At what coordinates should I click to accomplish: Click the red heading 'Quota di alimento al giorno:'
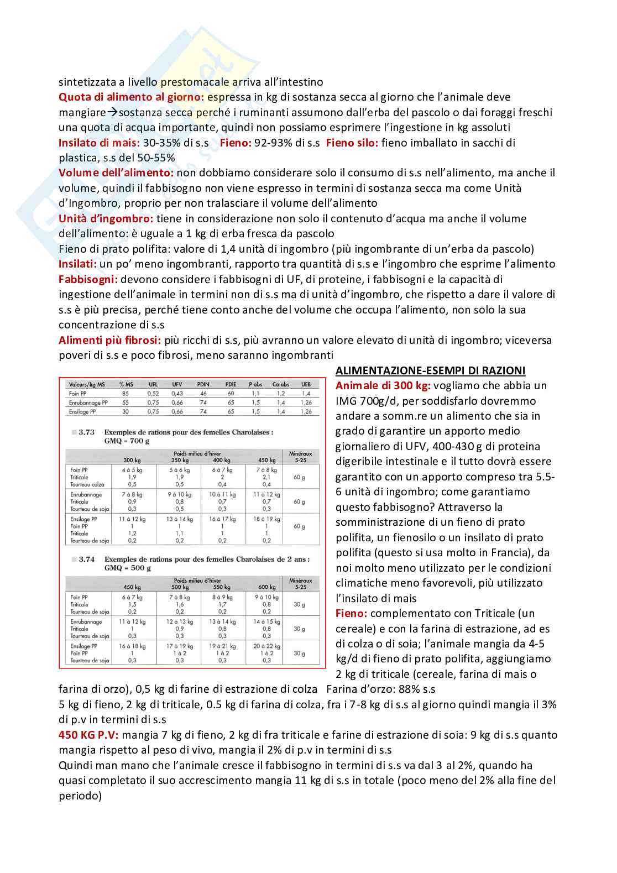point(131,97)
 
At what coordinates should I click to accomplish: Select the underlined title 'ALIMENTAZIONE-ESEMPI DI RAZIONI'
point(430,370)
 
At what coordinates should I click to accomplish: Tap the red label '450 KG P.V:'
point(88,735)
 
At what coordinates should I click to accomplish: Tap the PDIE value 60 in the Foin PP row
point(231,394)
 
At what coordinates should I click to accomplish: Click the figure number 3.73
point(86,432)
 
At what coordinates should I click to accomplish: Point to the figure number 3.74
point(86,560)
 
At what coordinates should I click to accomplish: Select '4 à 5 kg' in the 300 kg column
point(132,470)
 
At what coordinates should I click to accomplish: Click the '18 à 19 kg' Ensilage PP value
point(266,519)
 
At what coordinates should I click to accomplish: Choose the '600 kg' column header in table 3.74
point(266,587)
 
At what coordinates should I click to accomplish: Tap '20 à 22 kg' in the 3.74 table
point(266,646)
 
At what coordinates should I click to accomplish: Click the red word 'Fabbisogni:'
point(87,279)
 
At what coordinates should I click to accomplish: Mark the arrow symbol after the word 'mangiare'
point(112,113)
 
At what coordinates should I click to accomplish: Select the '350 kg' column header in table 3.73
point(180,460)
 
